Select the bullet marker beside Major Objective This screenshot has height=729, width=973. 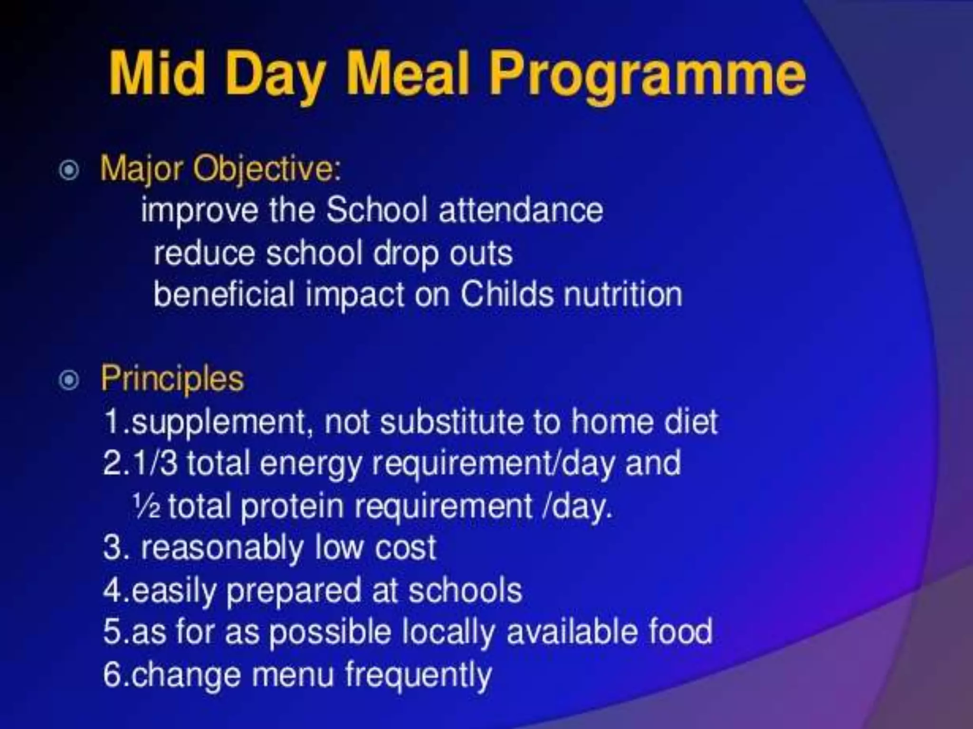click(x=69, y=170)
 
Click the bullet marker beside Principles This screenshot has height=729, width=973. click(x=69, y=380)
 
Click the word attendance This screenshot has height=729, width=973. click(x=521, y=210)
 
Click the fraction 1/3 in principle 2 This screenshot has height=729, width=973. click(x=155, y=463)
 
